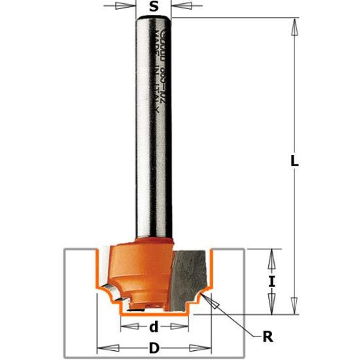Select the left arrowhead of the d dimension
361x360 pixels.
126,327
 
